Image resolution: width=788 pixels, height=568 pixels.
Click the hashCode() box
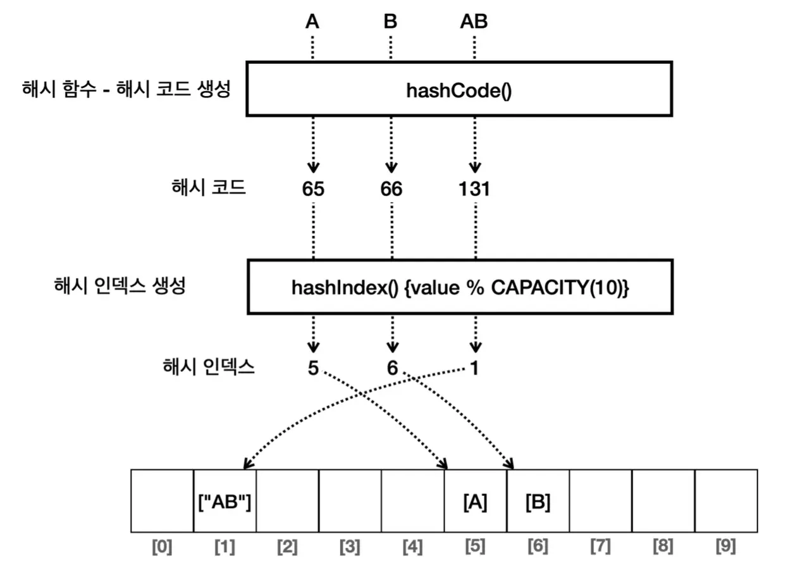tap(459, 89)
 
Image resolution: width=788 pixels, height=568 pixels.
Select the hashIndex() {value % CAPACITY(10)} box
tap(459, 287)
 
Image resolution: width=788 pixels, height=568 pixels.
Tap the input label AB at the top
tap(474, 22)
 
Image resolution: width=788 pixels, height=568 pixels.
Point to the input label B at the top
tap(390, 22)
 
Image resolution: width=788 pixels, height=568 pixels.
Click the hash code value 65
tap(313, 189)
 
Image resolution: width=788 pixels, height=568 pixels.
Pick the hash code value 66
tap(391, 189)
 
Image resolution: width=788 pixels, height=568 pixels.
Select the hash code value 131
tap(474, 189)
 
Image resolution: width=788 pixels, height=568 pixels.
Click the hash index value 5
tap(313, 367)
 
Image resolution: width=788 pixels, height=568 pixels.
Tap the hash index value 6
tap(392, 367)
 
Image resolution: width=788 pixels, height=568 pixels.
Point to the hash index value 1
tap(474, 367)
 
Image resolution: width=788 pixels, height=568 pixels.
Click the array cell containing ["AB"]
tap(225, 501)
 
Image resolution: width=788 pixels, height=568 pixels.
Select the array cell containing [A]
tap(475, 501)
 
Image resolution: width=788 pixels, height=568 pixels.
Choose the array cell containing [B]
tap(538, 501)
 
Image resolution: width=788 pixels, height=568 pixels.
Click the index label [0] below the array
tap(162, 545)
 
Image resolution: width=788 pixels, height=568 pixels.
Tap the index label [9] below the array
tap(725, 545)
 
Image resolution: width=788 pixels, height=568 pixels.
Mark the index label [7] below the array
tap(600, 545)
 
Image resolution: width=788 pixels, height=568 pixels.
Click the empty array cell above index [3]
tap(350, 501)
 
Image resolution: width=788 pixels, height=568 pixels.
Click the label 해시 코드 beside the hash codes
tap(208, 188)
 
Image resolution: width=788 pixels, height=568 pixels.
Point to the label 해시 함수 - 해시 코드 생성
tap(126, 89)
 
